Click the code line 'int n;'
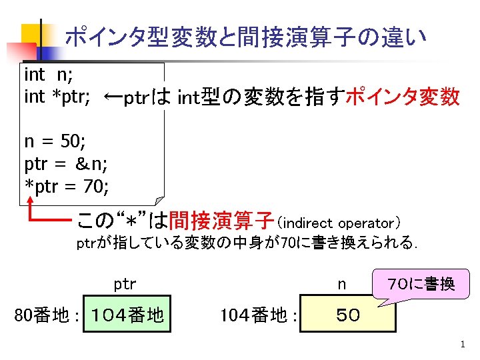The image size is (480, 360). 48,73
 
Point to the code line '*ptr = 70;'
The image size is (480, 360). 67,183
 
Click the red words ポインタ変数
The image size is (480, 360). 404,97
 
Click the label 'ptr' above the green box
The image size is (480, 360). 125,285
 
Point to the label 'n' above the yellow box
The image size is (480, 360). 341,285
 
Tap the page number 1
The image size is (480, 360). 461,345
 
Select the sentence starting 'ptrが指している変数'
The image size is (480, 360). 247,243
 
